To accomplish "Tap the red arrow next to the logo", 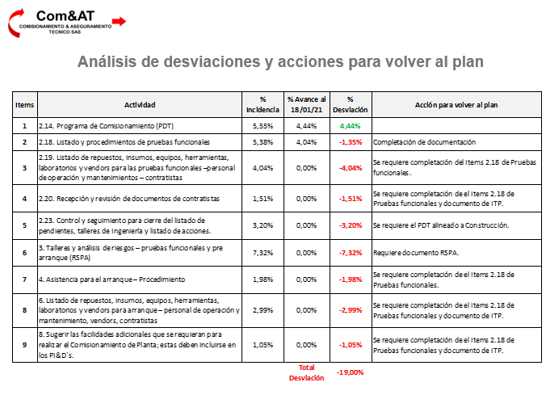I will click(118, 21).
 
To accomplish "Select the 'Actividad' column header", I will click(140, 104).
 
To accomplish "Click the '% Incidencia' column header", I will click(262, 104).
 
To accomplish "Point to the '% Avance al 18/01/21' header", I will click(306, 104).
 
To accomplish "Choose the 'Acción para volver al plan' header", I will click(456, 104).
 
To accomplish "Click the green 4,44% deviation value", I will click(351, 126).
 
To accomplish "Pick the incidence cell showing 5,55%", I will click(262, 126).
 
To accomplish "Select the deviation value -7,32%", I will click(351, 253).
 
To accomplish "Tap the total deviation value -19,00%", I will click(351, 372).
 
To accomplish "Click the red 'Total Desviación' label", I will click(306, 372).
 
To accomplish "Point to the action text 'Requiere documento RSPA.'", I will click(415, 253).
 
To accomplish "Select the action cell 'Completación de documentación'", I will click(425, 141).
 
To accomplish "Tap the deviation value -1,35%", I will click(351, 141).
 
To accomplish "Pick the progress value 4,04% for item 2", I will click(306, 141).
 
